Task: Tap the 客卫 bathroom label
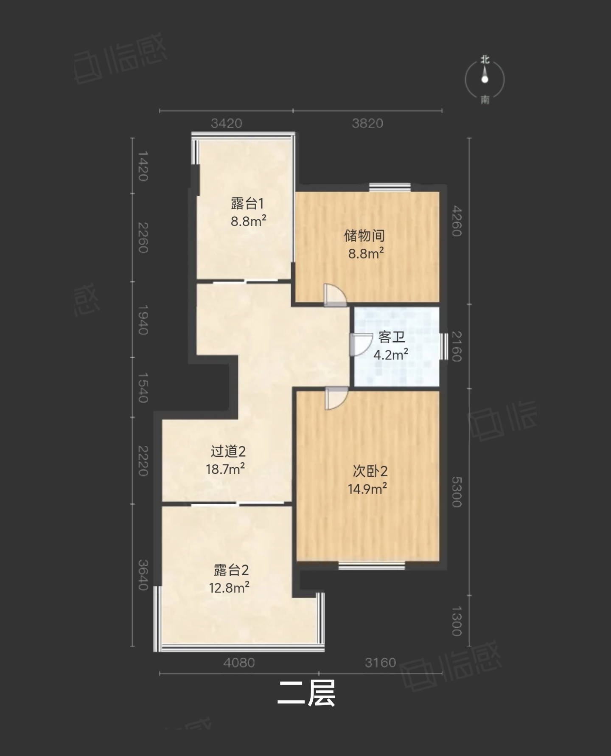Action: point(391,337)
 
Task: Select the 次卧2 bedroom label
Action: point(370,471)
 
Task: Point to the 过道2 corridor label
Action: point(228,451)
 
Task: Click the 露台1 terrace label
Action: point(247,204)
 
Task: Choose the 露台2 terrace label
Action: point(231,570)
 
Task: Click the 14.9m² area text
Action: point(367,489)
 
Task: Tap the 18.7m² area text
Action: point(225,469)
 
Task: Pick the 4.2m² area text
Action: point(391,354)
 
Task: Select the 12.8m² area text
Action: point(229,588)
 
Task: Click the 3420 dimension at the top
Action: point(227,124)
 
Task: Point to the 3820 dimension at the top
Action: point(367,124)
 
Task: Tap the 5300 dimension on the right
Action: point(457,492)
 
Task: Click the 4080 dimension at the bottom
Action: point(239,663)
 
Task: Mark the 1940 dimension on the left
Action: point(143,320)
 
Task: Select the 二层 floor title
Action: point(306,694)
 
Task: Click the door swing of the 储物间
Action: point(335,295)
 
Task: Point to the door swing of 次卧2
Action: point(336,398)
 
